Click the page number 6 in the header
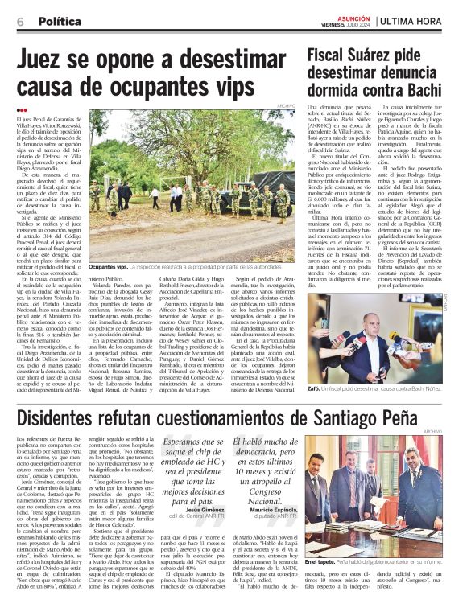(19, 22)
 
